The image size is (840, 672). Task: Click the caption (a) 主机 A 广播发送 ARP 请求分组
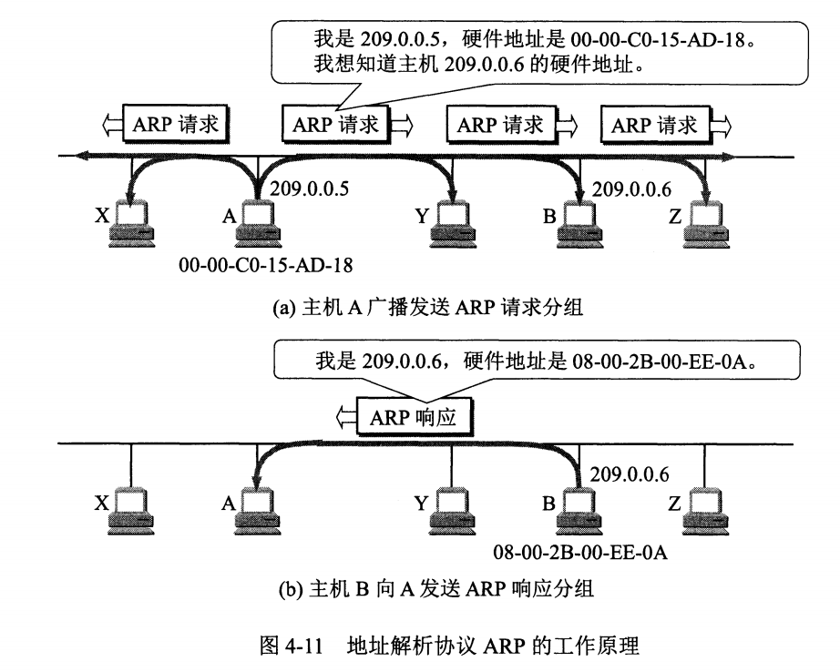[428, 307]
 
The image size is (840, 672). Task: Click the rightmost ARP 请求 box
[654, 124]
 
